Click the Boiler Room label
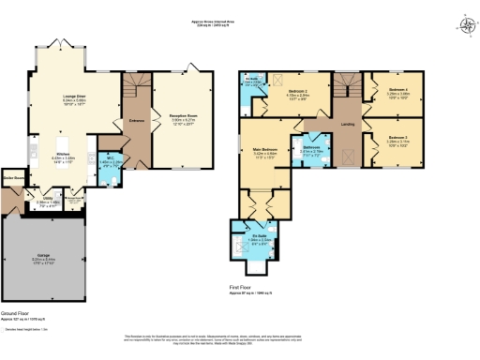[x=13, y=175]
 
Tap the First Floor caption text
[x=242, y=289]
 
